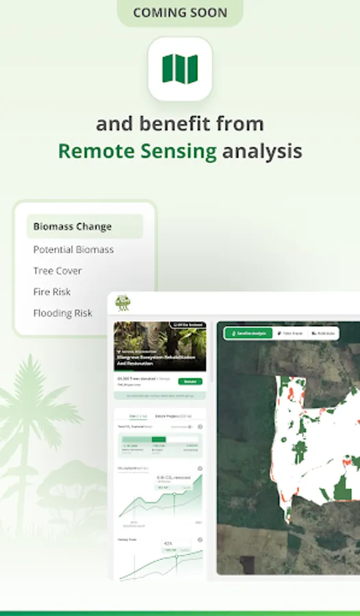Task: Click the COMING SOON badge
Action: (x=180, y=13)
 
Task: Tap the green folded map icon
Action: (x=180, y=68)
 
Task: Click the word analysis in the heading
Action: (x=262, y=151)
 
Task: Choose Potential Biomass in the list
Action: (x=73, y=250)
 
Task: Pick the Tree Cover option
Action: (x=57, y=271)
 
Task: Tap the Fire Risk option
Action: (x=52, y=292)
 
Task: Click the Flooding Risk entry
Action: (x=62, y=313)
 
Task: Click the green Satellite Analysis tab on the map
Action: (x=248, y=333)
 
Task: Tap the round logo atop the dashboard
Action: (x=123, y=303)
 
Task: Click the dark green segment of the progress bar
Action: (x=159, y=439)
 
